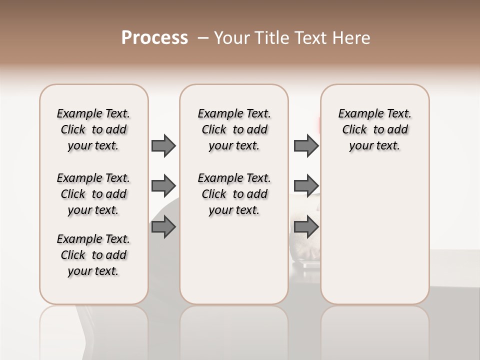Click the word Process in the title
(x=154, y=37)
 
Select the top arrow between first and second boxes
(x=163, y=146)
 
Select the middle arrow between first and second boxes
(x=163, y=186)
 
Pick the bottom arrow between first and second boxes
(x=163, y=227)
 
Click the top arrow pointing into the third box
(x=306, y=146)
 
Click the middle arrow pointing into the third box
(x=306, y=186)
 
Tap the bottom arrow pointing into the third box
(x=306, y=227)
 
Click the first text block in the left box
(x=93, y=129)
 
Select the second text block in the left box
(x=93, y=194)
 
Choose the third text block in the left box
(x=93, y=255)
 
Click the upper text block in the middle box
(x=234, y=129)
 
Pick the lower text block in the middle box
(x=234, y=194)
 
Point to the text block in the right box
(x=375, y=129)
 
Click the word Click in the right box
(x=354, y=130)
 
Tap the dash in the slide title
(x=203, y=38)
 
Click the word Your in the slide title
(x=232, y=37)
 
